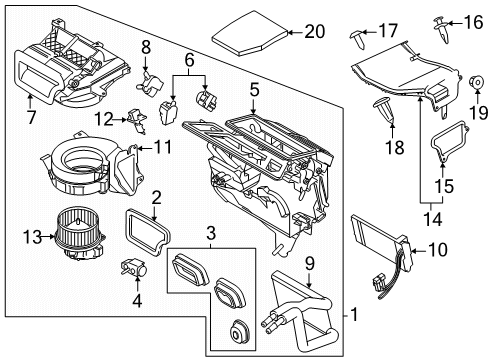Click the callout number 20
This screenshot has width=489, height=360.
pyautogui.click(x=315, y=33)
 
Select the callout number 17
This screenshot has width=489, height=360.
pyautogui.click(x=387, y=31)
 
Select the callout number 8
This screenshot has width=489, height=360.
pyautogui.click(x=146, y=46)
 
